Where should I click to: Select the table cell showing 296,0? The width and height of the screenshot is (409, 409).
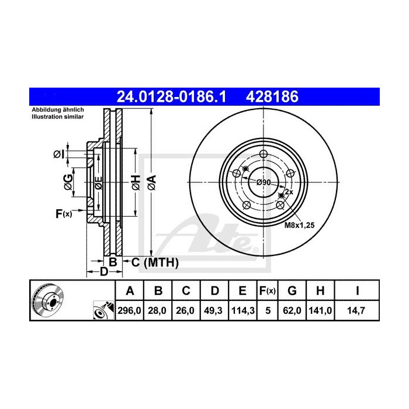pyautogui.click(x=130, y=312)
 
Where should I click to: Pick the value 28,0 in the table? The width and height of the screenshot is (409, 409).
pyautogui.click(x=158, y=312)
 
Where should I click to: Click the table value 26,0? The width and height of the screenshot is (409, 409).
pyautogui.click(x=185, y=312)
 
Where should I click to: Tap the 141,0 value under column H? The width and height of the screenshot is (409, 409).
pyautogui.click(x=321, y=312)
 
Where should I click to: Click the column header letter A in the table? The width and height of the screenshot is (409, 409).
pyautogui.click(x=130, y=290)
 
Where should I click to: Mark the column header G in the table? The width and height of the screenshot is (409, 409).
pyautogui.click(x=293, y=290)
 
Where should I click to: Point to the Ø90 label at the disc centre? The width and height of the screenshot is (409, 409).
pyautogui.click(x=264, y=182)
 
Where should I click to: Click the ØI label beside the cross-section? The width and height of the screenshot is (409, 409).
pyautogui.click(x=58, y=154)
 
